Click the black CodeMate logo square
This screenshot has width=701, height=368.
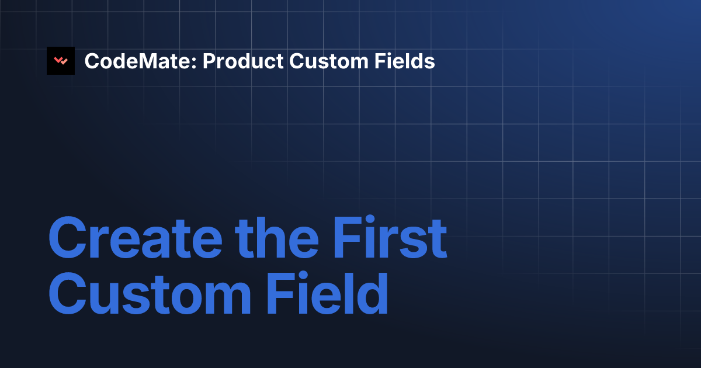point(61,61)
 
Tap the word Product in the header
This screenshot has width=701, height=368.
point(243,61)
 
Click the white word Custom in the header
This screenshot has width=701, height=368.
point(329,61)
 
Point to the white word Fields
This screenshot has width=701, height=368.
point(405,61)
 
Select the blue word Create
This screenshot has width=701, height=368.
point(136,238)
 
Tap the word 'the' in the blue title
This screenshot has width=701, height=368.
point(277,238)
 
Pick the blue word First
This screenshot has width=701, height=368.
point(390,238)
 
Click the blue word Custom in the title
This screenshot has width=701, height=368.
point(150,293)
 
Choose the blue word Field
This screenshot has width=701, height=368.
point(328,293)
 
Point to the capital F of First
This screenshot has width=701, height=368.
point(348,238)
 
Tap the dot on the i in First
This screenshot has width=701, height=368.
point(370,219)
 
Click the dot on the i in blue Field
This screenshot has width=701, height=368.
point(303,276)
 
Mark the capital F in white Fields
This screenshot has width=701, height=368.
point(380,61)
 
